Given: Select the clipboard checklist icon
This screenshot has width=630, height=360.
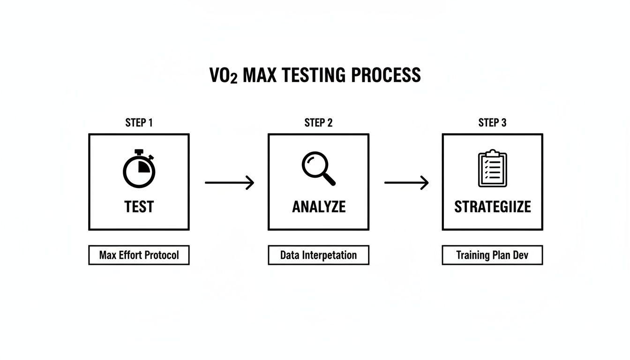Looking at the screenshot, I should coord(492,168).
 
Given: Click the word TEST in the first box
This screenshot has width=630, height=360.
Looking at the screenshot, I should coord(139,207).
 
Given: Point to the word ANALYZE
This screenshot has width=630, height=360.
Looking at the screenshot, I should coord(319,207).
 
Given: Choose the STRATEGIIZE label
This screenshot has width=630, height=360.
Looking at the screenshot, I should coord(493,207).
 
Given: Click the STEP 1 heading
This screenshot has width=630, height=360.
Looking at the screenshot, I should coord(139,123).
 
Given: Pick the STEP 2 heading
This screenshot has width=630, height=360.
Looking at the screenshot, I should coord(318,123).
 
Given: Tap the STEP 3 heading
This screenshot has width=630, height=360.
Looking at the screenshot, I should coord(492,123).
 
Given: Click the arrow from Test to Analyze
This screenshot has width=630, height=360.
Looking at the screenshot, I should coord(229,182).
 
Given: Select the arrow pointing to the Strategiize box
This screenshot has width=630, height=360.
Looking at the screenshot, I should coord(406,182).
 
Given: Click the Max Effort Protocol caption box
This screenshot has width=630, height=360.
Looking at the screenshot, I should coord(139,255).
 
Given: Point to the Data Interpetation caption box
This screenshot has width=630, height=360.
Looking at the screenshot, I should coord(318,255).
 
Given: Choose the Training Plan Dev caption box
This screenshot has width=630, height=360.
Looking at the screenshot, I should coord(492,255).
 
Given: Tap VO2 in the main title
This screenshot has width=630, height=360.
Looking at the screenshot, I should coord(223,76).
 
